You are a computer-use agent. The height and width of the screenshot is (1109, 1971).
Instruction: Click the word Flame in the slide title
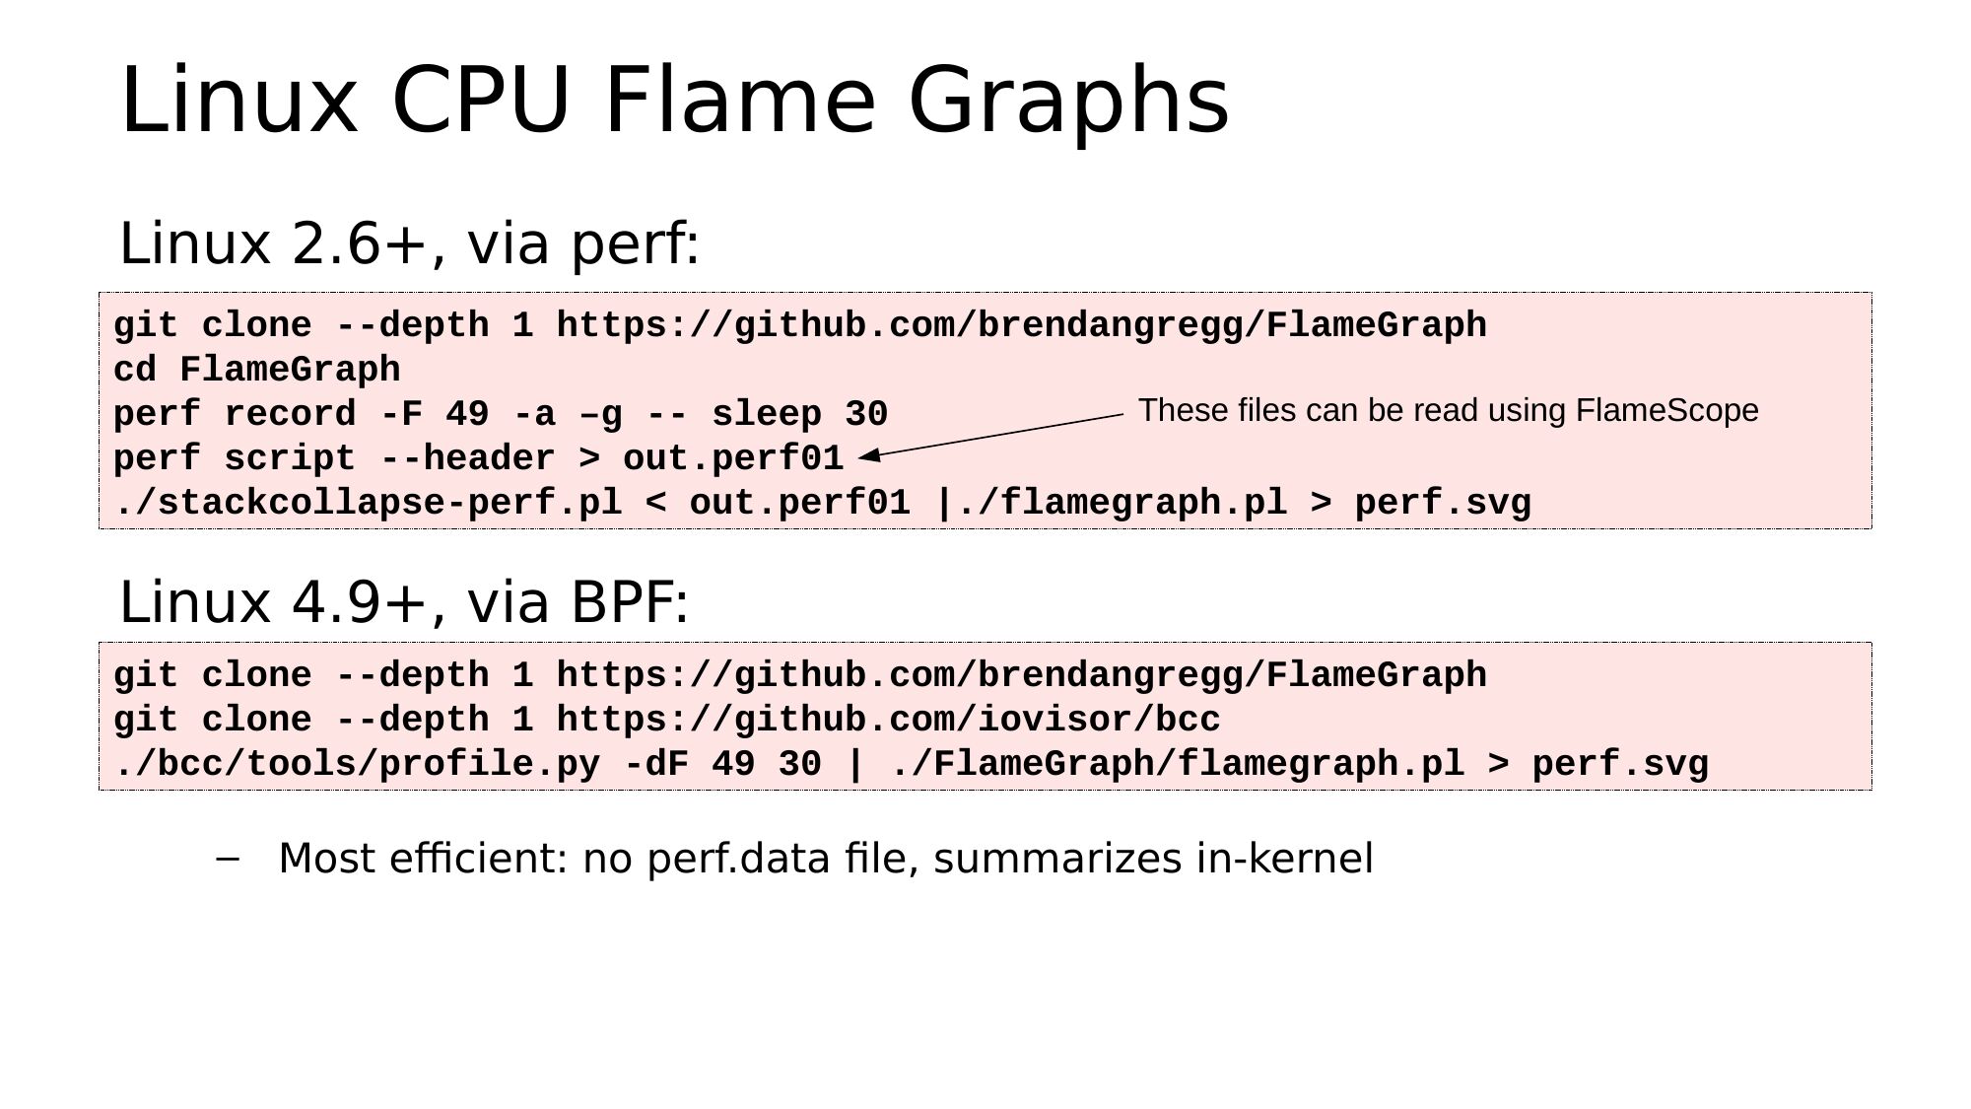739,100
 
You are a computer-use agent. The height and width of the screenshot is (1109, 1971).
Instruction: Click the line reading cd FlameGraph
257,370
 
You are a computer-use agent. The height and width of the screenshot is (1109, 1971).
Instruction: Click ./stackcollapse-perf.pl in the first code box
368,503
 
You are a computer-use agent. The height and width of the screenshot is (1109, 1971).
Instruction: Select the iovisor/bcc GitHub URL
888,720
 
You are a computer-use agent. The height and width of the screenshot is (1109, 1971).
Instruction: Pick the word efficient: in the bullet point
478,858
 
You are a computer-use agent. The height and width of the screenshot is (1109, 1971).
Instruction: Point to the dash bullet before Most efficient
227,859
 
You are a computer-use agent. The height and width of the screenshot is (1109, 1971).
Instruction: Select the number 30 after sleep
866,414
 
